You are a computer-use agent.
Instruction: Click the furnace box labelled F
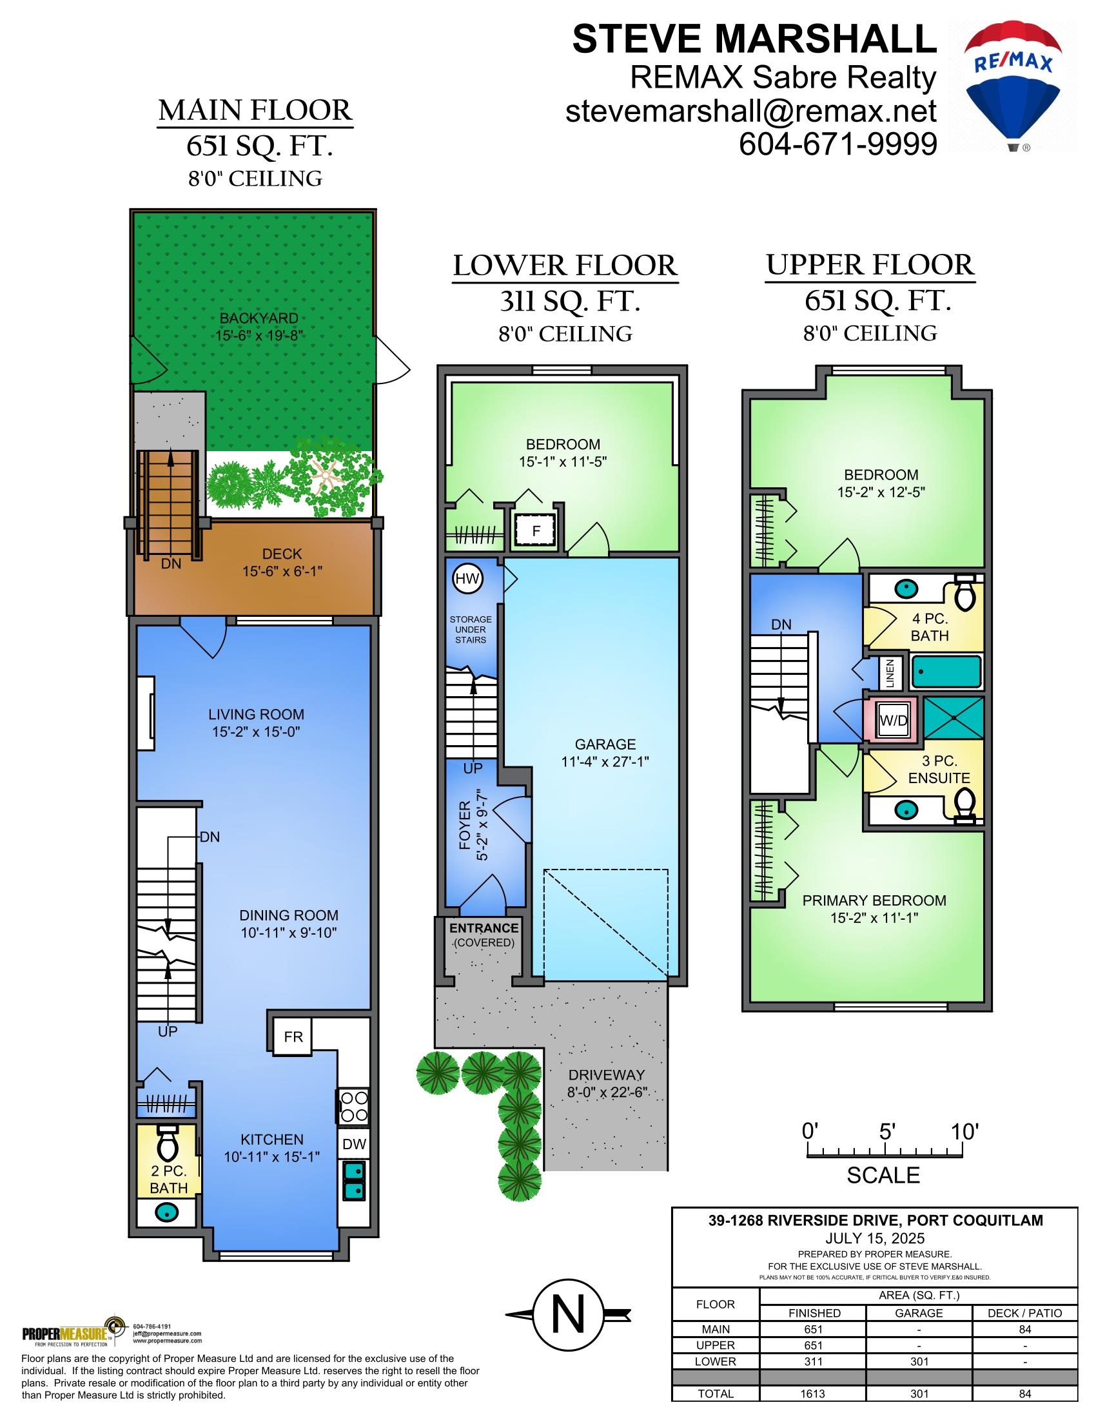pyautogui.click(x=536, y=530)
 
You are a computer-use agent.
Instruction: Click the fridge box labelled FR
pyautogui.click(x=293, y=1037)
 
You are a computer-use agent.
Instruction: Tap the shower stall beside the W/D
pyautogui.click(x=952, y=719)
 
